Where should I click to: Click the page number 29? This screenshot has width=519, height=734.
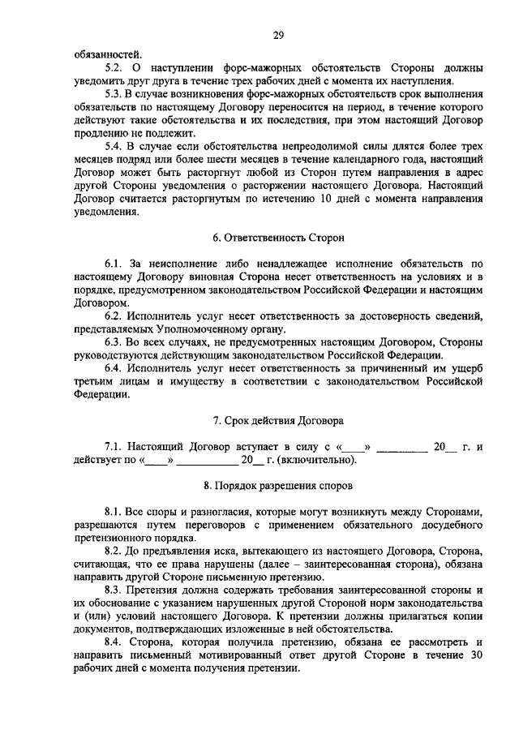[277, 35]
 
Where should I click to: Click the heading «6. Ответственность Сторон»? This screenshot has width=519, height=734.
[278, 239]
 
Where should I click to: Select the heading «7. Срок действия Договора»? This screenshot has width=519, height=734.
[278, 421]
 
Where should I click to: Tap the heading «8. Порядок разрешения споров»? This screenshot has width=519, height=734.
[278, 485]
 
